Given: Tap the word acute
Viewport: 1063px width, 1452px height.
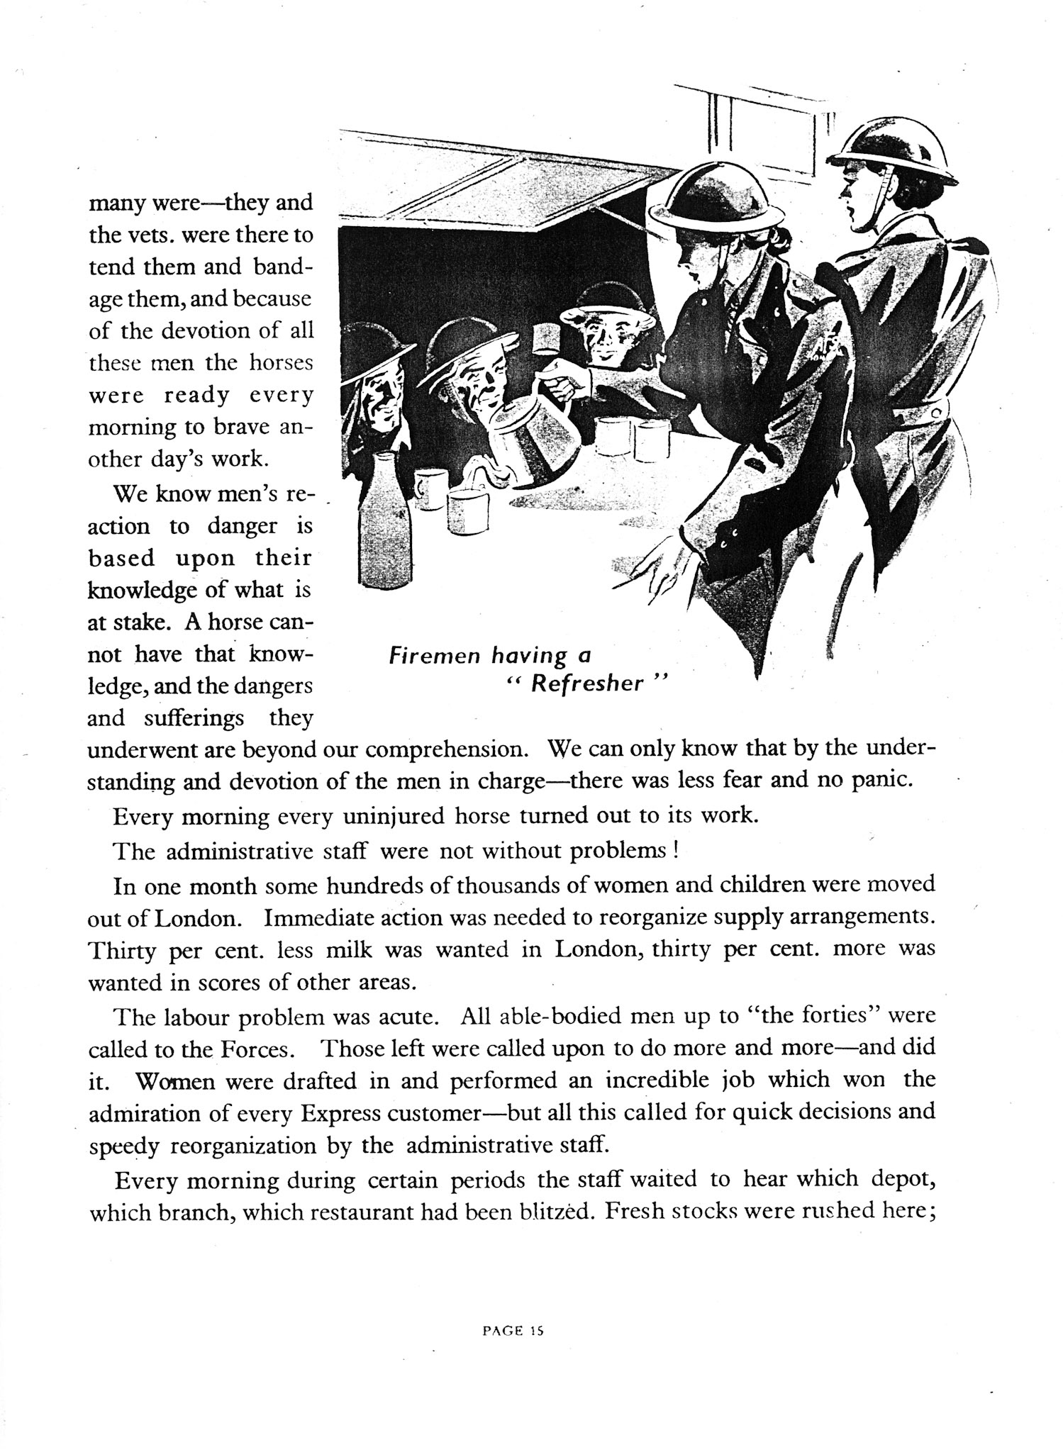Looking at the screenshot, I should tap(406, 1016).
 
